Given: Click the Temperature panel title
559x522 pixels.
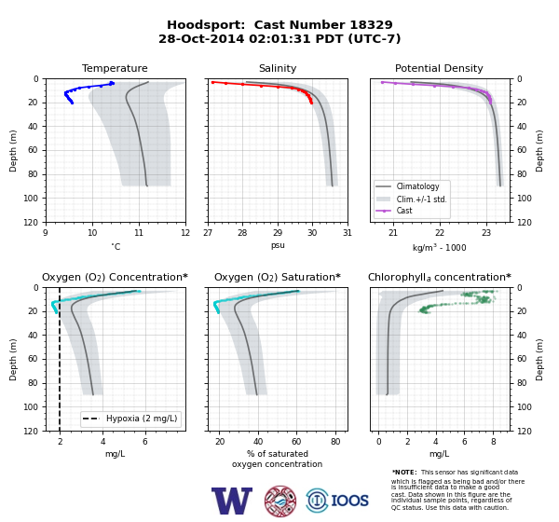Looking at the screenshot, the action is [115, 68].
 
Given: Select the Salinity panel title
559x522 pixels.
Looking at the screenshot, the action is [278, 68].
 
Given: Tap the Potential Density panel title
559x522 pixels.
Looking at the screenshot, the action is [439, 68].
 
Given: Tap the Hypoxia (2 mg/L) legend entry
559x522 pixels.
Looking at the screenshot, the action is [130, 419].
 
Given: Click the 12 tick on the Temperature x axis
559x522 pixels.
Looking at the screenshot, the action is [185, 233].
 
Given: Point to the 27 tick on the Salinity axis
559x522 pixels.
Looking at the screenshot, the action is [208, 233].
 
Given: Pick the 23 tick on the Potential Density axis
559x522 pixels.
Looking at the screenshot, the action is [486, 233].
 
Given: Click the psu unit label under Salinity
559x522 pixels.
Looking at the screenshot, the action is [278, 245].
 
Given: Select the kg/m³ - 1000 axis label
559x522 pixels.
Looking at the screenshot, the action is [439, 247].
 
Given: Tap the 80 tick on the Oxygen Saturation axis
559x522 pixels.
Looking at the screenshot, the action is [335, 442].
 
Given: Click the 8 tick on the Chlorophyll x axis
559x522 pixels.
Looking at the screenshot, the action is [494, 442].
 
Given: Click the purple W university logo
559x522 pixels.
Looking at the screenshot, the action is [232, 501].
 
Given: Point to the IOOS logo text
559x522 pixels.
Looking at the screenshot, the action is [349, 501].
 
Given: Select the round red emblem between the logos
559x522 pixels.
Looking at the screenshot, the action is [280, 501].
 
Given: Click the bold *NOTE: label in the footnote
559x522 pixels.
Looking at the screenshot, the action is [404, 473].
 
